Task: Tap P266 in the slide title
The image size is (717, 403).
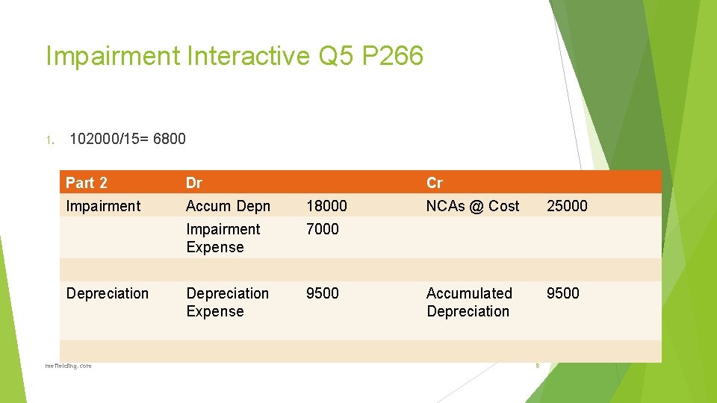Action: pyautogui.click(x=392, y=56)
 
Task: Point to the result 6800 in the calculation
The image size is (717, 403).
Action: pyautogui.click(x=170, y=139)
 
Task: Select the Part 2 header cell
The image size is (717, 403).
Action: pyautogui.click(x=87, y=183)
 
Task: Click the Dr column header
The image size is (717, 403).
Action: pyautogui.click(x=194, y=183)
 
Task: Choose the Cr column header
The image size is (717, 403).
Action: pyautogui.click(x=435, y=183)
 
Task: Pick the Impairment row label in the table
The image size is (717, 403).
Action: pyautogui.click(x=103, y=206)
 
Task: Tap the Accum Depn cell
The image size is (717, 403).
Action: pyautogui.click(x=228, y=206)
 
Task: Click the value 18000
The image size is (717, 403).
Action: pyautogui.click(x=326, y=206)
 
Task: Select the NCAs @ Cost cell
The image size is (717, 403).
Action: pyautogui.click(x=472, y=206)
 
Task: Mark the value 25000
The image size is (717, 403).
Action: pyautogui.click(x=567, y=206)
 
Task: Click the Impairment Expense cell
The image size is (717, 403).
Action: pyautogui.click(x=223, y=238)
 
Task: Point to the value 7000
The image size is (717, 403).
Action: pyautogui.click(x=322, y=229)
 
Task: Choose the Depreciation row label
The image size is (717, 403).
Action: pyautogui.click(x=108, y=293)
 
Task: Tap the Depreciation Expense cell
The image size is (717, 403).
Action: pyautogui.click(x=227, y=302)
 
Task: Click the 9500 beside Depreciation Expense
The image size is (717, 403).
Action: pyautogui.click(x=322, y=293)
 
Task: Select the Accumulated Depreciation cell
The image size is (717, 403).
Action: pyautogui.click(x=469, y=302)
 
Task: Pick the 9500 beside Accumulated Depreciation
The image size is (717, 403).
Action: pyautogui.click(x=562, y=293)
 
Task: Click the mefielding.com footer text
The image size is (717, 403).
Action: pyautogui.click(x=68, y=366)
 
